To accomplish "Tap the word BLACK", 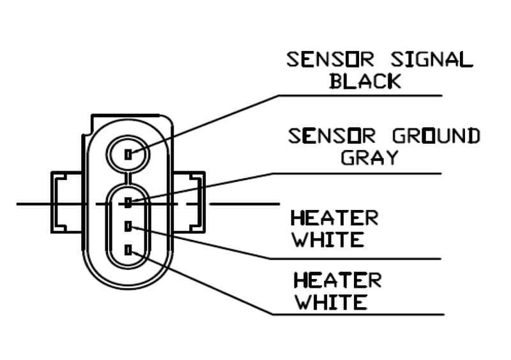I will click(x=365, y=81).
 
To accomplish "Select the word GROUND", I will click(x=435, y=136).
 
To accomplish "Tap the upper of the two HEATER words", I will click(x=335, y=218).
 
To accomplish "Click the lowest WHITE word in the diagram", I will click(x=330, y=302).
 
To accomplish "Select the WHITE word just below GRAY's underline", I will click(x=328, y=240).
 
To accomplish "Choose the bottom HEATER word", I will click(x=337, y=280).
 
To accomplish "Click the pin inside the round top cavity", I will click(x=128, y=154).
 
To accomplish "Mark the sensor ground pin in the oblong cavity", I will click(x=128, y=203).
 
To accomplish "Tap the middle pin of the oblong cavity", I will click(x=128, y=227).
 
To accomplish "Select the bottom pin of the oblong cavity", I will click(x=128, y=250).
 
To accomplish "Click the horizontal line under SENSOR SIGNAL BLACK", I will click(x=383, y=96).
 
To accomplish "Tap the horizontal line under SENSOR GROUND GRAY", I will click(x=383, y=174).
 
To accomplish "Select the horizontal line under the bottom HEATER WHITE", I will click(x=383, y=314).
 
